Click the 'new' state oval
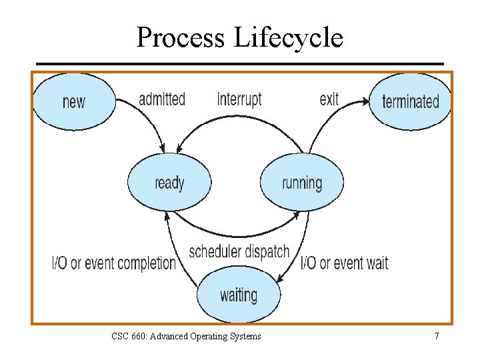pos(73,101)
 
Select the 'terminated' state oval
pos(410,101)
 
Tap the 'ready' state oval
pos(169,182)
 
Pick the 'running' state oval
pos(302,182)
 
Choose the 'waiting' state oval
pos(239,294)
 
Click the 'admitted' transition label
pos(161,99)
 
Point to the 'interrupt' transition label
pos(239,99)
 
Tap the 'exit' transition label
pos(329,99)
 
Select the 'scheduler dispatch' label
pos(239,251)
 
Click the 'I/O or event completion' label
pos(113,263)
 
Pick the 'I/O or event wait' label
pos(345,263)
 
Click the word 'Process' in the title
pos(181,38)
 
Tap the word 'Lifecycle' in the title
pos(289,38)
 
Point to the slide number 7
pos(437,336)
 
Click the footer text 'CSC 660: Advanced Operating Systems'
pos(186,336)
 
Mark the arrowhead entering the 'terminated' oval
pos(365,102)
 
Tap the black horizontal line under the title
pos(239,64)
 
